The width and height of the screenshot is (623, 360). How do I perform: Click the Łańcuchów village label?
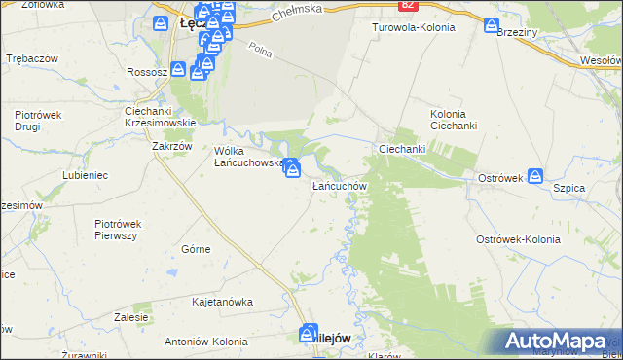tap(338, 185)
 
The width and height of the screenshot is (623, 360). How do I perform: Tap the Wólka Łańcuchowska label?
tap(248, 157)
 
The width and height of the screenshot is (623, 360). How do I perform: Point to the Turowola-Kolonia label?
tap(414, 27)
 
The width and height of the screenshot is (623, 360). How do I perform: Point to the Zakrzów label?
tap(171, 147)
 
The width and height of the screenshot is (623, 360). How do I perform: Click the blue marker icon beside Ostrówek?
tap(535, 176)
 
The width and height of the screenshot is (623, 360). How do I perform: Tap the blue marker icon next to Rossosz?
tap(177, 70)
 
